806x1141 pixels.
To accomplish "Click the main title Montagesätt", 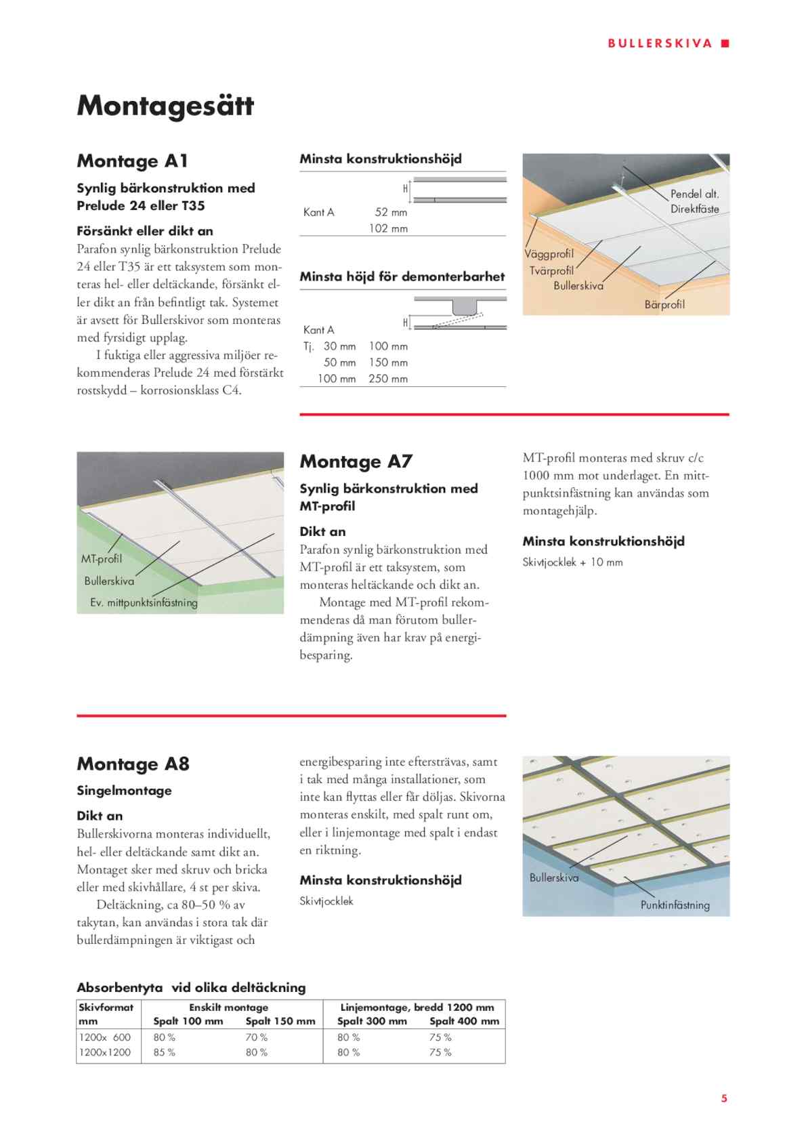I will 165,106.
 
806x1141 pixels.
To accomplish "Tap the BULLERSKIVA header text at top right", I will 660,43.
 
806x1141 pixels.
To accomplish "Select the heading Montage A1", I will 132,161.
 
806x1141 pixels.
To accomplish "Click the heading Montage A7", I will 356,461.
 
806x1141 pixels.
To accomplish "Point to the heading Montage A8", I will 133,764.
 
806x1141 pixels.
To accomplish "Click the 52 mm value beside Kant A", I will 391,212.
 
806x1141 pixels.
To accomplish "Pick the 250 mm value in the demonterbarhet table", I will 388,379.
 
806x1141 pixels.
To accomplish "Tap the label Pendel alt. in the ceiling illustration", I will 694,194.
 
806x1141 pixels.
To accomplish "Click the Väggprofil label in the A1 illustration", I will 549,254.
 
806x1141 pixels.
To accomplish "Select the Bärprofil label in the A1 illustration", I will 664,304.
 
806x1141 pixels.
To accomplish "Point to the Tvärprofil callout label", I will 551,270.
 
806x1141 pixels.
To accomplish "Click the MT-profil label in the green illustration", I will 102,559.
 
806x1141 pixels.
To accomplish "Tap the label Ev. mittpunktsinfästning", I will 144,602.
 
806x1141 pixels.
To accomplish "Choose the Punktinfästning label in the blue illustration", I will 675,905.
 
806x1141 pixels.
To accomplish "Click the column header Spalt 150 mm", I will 280,1021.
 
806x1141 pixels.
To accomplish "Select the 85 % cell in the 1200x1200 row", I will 164,1052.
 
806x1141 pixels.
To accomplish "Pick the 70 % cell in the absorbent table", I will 256,1037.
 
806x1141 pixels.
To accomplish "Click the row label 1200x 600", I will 105,1037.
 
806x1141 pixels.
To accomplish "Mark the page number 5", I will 724,1098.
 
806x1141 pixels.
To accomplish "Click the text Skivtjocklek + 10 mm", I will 572,562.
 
